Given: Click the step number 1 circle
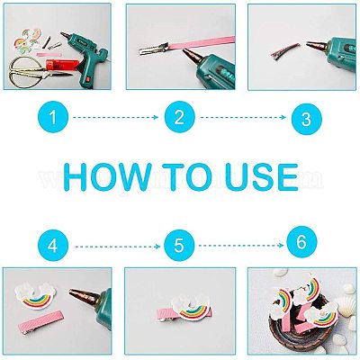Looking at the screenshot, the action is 53,117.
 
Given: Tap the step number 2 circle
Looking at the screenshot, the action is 179,117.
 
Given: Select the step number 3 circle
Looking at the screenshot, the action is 306,119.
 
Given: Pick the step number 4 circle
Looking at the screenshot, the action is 53,247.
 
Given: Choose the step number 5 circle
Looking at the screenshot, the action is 179,246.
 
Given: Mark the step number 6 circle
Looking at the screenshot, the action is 301,241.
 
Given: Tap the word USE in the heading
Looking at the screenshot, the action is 260,177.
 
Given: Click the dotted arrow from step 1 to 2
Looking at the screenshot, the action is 116,117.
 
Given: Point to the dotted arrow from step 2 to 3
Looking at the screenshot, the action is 243,117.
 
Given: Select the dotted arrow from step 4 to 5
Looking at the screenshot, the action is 118,247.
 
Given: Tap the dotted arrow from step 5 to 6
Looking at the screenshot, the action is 241,246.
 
